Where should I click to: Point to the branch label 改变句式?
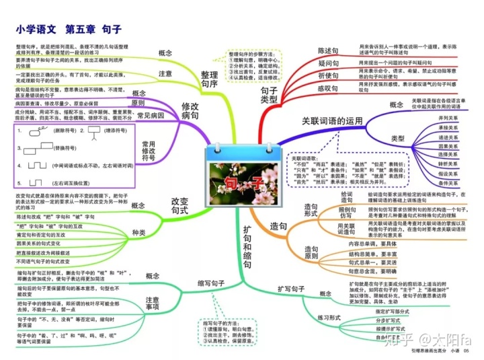(181, 206)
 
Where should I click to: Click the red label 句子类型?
(269, 95)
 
